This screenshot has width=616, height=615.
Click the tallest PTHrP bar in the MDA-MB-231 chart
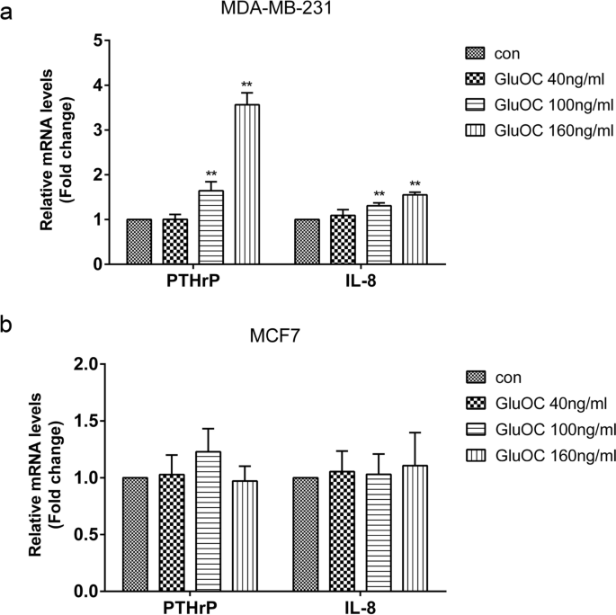point(247,184)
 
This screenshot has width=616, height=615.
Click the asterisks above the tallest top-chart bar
point(247,85)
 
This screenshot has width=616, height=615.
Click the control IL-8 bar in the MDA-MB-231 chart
point(307,242)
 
